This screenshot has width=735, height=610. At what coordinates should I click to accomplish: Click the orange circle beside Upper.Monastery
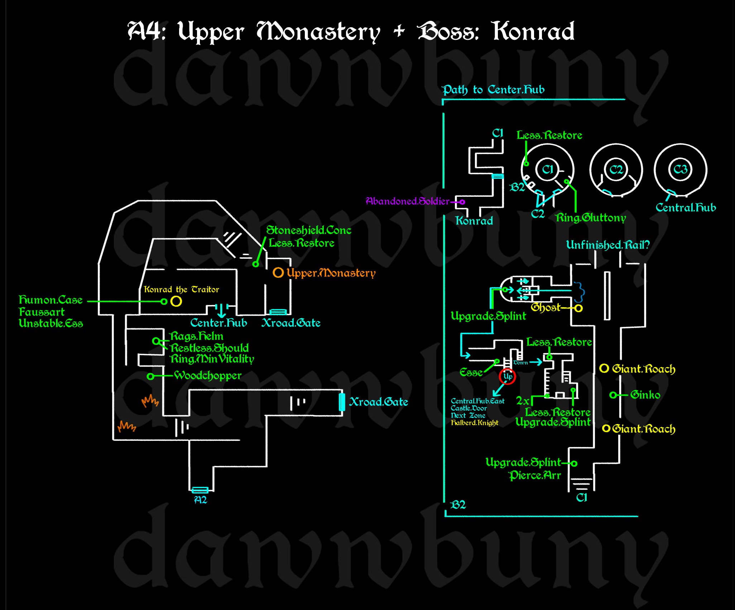pos(278,272)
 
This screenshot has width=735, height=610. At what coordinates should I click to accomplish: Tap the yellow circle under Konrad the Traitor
pos(176,301)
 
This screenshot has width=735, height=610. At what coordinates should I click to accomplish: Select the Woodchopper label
pos(208,376)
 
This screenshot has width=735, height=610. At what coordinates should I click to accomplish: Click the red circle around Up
pos(507,376)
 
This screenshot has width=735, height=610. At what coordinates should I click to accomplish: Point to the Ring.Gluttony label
pos(590,218)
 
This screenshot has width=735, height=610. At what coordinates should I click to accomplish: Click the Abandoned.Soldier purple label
pos(407,201)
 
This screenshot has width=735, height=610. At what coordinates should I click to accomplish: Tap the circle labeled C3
pos(680,170)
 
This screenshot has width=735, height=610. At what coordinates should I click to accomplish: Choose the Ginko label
pos(645,395)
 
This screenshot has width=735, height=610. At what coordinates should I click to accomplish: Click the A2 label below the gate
pos(201,500)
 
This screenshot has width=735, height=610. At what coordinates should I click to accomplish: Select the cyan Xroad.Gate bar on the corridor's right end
pos(342,402)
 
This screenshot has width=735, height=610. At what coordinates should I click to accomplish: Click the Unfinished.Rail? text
pos(607,245)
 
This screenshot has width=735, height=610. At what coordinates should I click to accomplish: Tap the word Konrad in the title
pos(534,32)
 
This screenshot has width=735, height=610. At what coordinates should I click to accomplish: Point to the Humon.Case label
pos(51,300)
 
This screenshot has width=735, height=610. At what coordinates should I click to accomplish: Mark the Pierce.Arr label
pos(535,476)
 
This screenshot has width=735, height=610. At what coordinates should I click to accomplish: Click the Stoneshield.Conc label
pos(309,230)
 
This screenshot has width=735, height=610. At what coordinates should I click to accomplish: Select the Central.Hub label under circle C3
pos(686,208)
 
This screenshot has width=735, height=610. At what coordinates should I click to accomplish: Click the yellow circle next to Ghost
pos(578,308)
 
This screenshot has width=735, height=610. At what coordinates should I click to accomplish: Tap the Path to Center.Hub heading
pos(493,90)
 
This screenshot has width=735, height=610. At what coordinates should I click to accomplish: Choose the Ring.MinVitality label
pos(212,359)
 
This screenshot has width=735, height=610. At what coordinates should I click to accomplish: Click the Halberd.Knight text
pos(475,423)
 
